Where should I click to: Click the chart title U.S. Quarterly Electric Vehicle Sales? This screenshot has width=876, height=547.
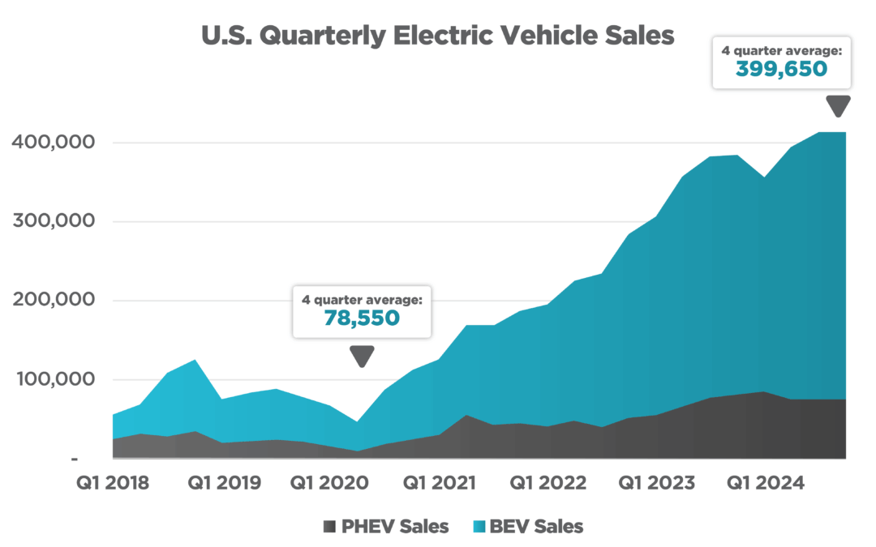coord(438,36)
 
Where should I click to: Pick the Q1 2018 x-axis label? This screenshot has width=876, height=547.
coord(113,484)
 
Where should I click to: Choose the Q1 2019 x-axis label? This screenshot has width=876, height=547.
coord(224,484)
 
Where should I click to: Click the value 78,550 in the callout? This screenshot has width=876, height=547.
coord(362,318)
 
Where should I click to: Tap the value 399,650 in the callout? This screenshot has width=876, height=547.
coord(781,69)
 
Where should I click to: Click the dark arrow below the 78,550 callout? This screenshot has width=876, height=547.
coord(362,356)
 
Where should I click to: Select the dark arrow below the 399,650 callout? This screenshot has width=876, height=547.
coord(837,106)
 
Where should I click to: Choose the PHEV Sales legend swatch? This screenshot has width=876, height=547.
coord(328,527)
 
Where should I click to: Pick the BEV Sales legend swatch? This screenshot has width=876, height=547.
coord(479,527)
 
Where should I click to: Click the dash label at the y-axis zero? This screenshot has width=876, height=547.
coord(75,459)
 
